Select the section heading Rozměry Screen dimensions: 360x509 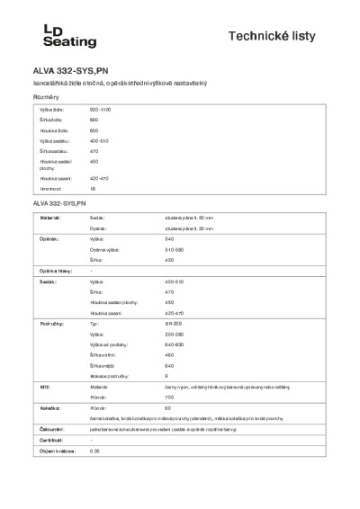click(x=46, y=96)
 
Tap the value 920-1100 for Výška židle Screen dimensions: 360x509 click(x=100, y=108)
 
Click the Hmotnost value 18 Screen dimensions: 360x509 click(x=93, y=189)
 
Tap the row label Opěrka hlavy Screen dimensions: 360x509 click(x=53, y=271)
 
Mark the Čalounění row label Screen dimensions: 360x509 click(x=50, y=430)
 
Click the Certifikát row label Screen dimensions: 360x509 click(x=50, y=440)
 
